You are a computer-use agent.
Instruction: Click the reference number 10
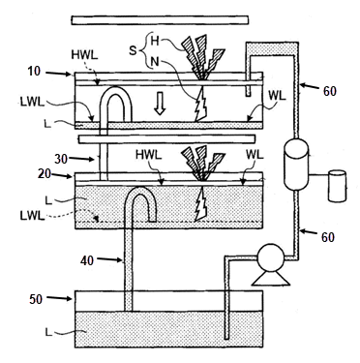(x=35, y=72)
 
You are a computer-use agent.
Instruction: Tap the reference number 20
(x=45, y=174)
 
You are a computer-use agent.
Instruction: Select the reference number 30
(x=61, y=159)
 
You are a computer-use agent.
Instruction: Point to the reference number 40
(x=87, y=260)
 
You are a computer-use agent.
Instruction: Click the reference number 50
(x=36, y=299)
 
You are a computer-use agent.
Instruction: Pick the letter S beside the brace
(x=133, y=50)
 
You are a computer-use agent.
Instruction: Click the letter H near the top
(x=155, y=41)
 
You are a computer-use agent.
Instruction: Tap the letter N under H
(x=155, y=61)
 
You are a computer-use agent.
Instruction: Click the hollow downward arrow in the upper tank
(x=159, y=104)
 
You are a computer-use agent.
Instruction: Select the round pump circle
(x=271, y=257)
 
